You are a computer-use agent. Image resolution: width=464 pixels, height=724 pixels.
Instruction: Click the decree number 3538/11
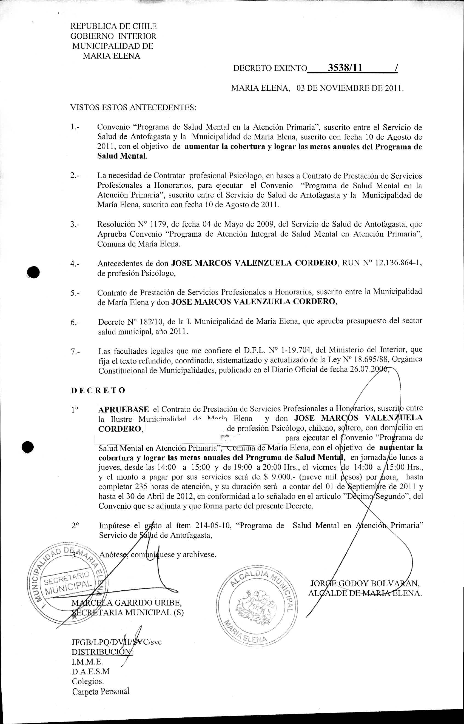[345, 68]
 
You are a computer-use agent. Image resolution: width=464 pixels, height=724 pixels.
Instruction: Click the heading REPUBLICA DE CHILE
[113, 26]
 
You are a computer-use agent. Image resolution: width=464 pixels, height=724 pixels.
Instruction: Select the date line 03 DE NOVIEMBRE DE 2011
[349, 88]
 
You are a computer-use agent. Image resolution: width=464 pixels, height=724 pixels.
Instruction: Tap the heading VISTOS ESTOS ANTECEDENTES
[133, 107]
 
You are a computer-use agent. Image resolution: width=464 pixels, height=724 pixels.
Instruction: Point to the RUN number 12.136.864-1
[398, 263]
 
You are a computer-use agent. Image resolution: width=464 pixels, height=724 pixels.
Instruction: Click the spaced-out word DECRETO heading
[98, 390]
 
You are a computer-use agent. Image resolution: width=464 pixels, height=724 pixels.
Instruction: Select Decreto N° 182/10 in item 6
[131, 322]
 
